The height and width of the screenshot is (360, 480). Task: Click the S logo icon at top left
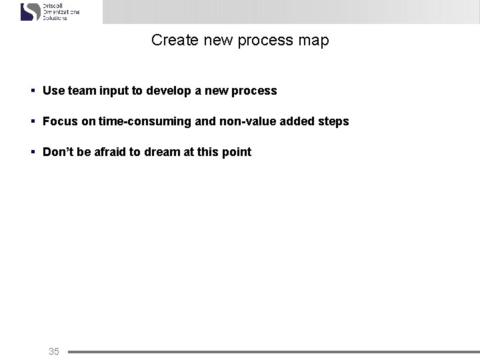31,11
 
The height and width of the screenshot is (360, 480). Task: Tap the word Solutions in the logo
55,18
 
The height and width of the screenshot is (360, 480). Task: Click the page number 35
54,351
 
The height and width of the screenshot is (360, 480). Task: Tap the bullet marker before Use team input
32,91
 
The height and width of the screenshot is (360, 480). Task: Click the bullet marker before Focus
32,121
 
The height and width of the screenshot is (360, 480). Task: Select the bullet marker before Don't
32,152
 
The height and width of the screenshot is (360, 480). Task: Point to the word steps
333,121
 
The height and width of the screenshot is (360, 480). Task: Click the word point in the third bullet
237,152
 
